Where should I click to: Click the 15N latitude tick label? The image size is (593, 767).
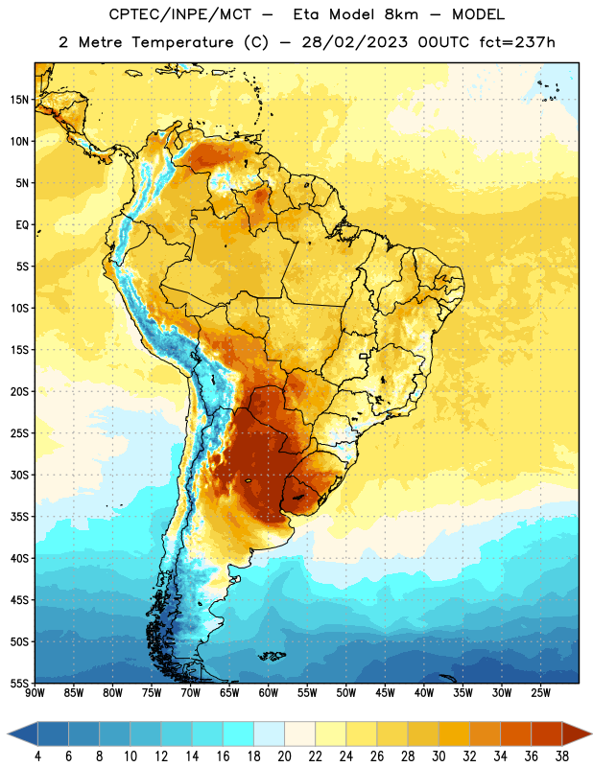(x=19, y=100)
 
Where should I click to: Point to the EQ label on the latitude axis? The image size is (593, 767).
(x=22, y=225)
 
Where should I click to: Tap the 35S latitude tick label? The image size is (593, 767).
(x=19, y=517)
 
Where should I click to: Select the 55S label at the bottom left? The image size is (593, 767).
(x=19, y=683)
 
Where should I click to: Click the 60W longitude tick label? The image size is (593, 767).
(x=269, y=693)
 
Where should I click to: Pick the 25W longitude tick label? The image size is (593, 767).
(x=540, y=693)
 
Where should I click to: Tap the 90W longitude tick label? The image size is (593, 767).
(x=35, y=693)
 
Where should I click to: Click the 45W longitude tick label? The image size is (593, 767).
(x=386, y=693)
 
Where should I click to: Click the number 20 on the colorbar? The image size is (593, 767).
(x=284, y=756)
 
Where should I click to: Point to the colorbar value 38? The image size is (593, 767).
(x=562, y=756)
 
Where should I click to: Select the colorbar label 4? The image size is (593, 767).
(x=37, y=756)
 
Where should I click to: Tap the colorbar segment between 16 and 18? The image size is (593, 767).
(x=239, y=733)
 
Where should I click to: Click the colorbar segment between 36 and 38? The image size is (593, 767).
(x=547, y=733)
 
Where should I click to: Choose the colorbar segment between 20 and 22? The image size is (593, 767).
(x=300, y=733)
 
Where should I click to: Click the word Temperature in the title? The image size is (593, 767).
(x=182, y=42)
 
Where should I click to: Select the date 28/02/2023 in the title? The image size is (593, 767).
(x=354, y=42)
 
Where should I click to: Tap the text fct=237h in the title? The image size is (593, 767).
(x=517, y=42)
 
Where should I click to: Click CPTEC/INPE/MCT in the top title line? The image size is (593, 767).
(x=180, y=14)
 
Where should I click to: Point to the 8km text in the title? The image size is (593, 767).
(x=401, y=14)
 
